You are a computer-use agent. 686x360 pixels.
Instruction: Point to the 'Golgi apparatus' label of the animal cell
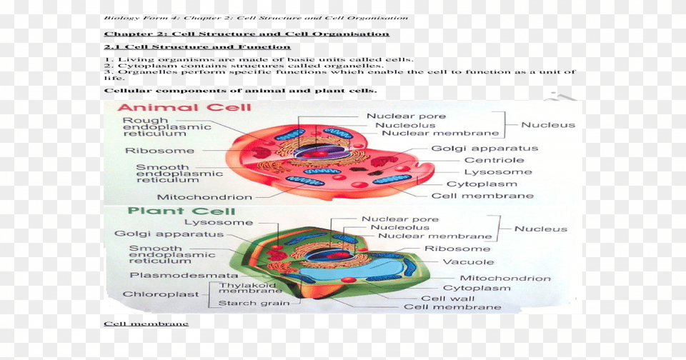(484, 149)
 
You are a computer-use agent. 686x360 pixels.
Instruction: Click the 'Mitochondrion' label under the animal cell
(204, 197)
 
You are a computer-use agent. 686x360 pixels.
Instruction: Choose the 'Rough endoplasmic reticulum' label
(166, 126)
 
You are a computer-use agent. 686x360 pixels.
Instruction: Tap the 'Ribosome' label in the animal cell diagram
(159, 151)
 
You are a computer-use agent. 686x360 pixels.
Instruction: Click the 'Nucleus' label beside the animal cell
(547, 125)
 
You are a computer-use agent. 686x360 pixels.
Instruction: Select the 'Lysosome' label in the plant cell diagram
(209, 222)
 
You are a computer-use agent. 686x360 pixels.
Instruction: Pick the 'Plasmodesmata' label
(184, 275)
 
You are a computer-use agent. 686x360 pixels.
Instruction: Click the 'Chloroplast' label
(155, 294)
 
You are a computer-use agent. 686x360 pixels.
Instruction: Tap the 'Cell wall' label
(447, 299)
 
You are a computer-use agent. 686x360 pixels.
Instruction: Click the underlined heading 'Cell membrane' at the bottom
(146, 324)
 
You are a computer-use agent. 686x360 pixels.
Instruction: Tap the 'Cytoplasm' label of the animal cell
(491, 184)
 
